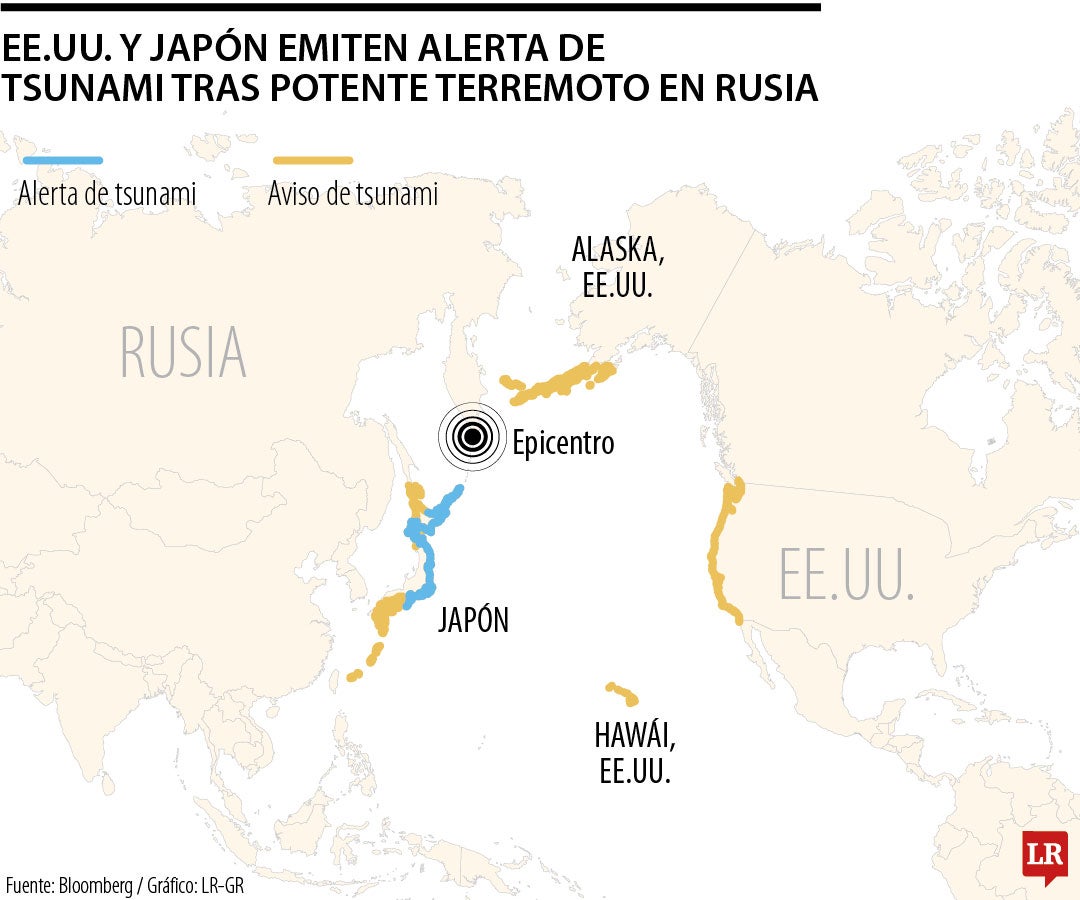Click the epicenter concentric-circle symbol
coord(472,436)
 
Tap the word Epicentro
coord(563,442)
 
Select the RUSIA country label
coord(183,352)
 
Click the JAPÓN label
coord(473,620)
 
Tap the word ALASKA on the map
coord(617,249)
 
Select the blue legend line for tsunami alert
coord(62,160)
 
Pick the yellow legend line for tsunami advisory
coord(312,160)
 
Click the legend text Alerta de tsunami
coord(107,193)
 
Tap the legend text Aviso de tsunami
coord(353,193)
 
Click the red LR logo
coord(1044,856)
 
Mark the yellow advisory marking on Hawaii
coord(622,692)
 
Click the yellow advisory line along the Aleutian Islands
coord(560,382)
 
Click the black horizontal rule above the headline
coord(410,7)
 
